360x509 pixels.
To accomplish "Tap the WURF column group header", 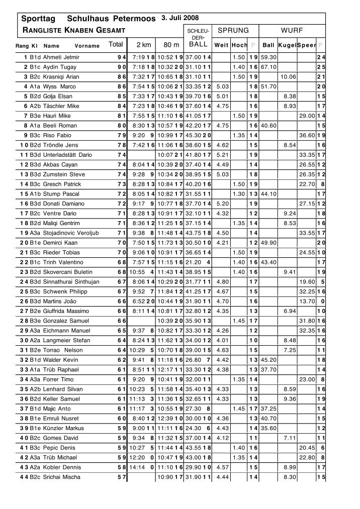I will coord(292,31).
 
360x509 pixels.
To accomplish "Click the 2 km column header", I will coord(143,44).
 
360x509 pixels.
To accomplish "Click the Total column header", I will coord(116,44).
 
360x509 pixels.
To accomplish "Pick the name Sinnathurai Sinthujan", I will coord(71,282).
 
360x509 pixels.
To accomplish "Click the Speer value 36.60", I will coord(307,135).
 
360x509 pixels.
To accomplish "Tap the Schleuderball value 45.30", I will coord(194,135).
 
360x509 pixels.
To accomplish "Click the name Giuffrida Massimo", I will coord(66,311).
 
